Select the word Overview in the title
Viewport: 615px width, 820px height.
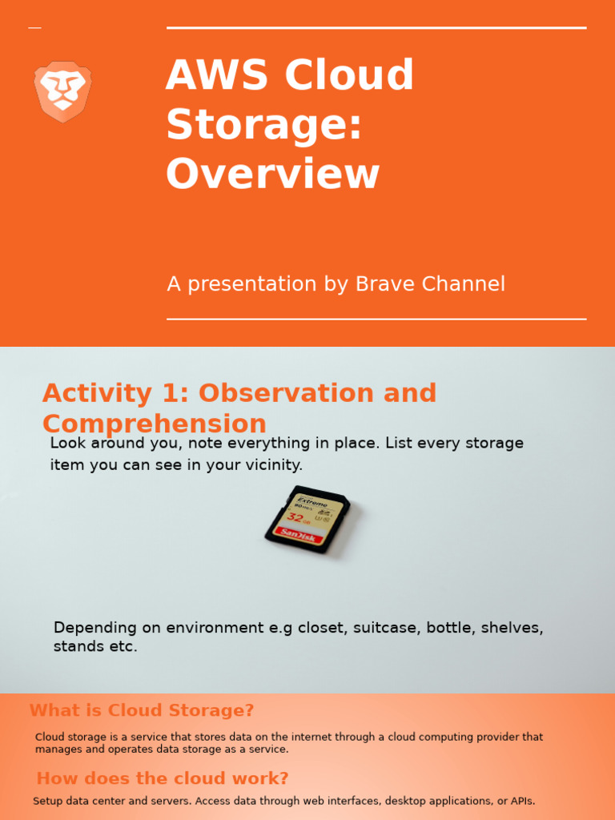(x=272, y=174)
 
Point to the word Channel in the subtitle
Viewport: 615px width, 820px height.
(x=465, y=284)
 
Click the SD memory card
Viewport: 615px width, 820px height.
(x=307, y=520)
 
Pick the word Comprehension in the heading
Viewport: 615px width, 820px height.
(x=154, y=424)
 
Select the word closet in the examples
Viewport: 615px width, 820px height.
(x=317, y=628)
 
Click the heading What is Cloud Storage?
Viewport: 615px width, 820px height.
(x=142, y=710)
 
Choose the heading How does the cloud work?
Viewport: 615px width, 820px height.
(x=163, y=778)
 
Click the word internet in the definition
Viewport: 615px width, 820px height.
(x=259, y=737)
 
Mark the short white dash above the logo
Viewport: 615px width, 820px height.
(x=34, y=28)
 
